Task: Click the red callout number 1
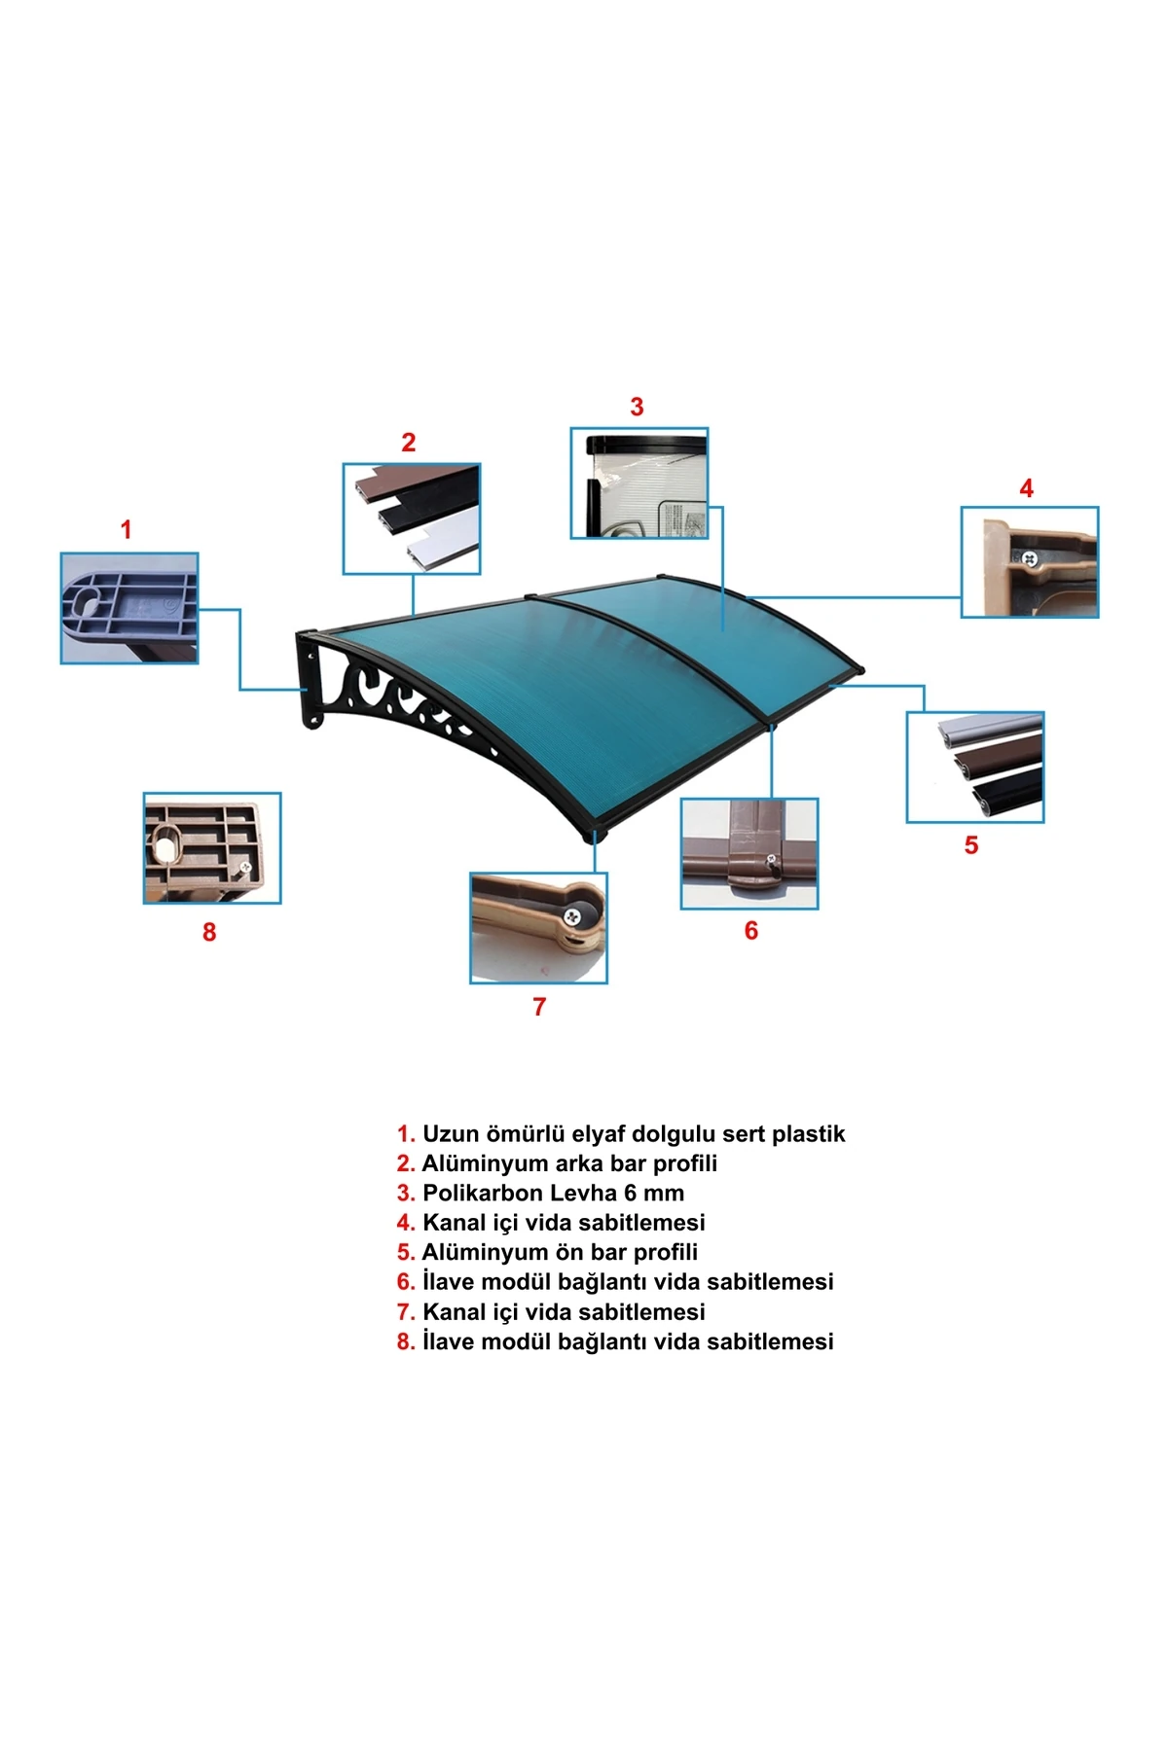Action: click(x=126, y=530)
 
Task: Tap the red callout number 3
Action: click(x=637, y=407)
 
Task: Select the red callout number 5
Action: click(x=971, y=845)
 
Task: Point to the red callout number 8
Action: click(x=209, y=932)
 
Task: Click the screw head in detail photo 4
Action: click(x=1028, y=558)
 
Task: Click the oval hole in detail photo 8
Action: click(x=167, y=844)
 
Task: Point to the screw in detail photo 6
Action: click(x=771, y=859)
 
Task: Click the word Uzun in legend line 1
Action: click(x=451, y=1134)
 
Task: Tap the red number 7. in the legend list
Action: click(x=406, y=1312)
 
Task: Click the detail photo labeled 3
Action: click(x=639, y=482)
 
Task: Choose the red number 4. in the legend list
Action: click(x=406, y=1223)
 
